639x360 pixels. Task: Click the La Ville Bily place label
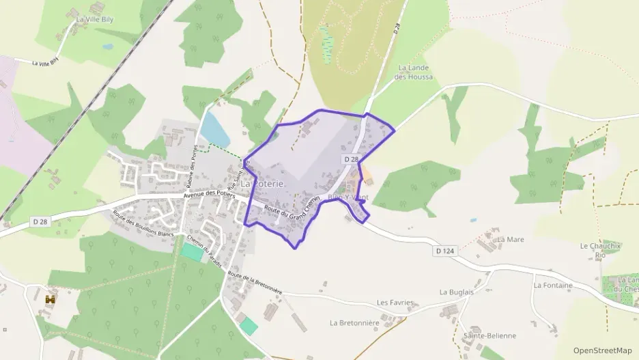point(95,20)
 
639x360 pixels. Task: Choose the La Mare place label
point(510,240)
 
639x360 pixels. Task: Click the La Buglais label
point(457,292)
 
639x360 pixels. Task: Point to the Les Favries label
point(396,302)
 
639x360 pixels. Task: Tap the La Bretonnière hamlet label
point(354,322)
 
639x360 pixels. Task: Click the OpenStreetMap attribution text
point(603,350)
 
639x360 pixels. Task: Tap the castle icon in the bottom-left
point(50,299)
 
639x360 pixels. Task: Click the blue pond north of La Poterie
point(214,128)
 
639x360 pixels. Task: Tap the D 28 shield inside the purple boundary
point(351,159)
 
